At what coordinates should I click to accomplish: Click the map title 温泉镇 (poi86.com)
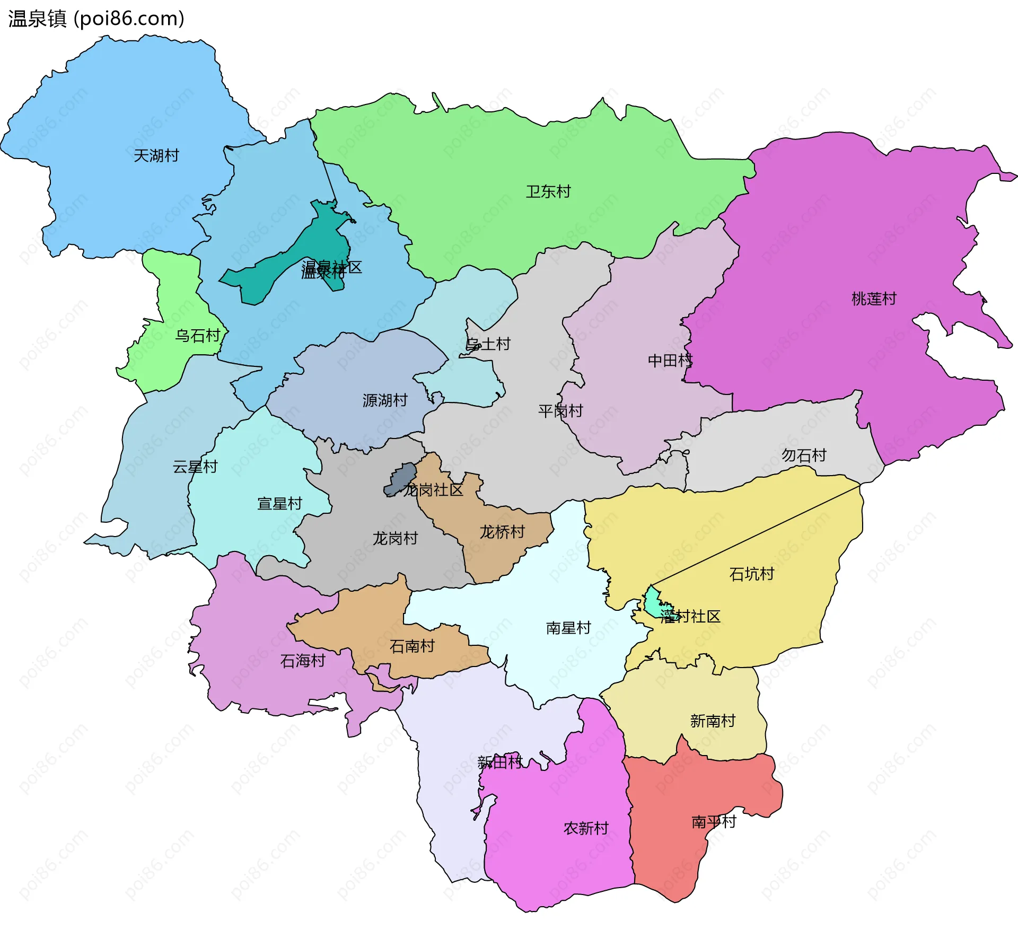point(96,19)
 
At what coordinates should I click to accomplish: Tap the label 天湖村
point(156,156)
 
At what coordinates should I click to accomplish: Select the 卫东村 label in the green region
point(548,192)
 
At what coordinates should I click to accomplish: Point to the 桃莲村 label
point(874,299)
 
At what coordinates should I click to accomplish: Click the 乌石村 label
point(198,336)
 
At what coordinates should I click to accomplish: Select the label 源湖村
point(385,401)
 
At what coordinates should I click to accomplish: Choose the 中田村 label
point(670,361)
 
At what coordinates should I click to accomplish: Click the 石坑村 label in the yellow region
point(751,574)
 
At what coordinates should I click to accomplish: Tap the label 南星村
point(568,628)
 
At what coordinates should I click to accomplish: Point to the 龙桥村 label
point(502,532)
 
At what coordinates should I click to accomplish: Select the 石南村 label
point(412,646)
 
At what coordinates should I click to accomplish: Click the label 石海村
point(303,661)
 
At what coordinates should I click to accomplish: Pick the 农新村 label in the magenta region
point(586,828)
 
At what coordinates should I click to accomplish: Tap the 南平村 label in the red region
point(714,822)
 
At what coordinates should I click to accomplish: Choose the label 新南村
point(713,721)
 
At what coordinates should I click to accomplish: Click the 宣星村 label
point(279,504)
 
